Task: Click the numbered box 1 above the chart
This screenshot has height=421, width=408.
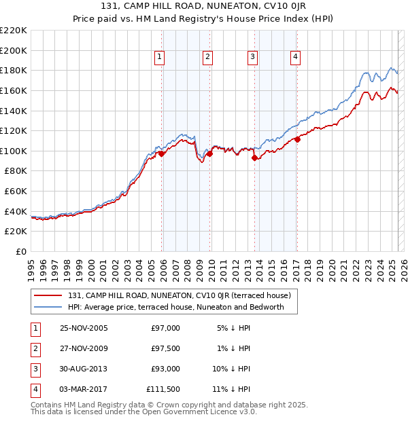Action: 159,58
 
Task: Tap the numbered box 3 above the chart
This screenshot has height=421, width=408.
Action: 252,58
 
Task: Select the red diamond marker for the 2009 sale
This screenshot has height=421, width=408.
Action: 210,153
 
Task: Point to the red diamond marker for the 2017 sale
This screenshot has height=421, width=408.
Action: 297,139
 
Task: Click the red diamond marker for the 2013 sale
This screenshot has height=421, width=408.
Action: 255,158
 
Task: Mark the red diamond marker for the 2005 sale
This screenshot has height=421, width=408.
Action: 162,154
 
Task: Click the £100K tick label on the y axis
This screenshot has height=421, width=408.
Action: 14,151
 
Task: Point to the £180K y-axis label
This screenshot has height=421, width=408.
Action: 14,70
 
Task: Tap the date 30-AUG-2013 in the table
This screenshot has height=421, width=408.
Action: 84,369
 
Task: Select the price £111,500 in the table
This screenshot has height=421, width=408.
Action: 163,389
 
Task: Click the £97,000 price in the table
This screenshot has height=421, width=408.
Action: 165,328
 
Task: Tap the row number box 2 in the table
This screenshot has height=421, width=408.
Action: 34,348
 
